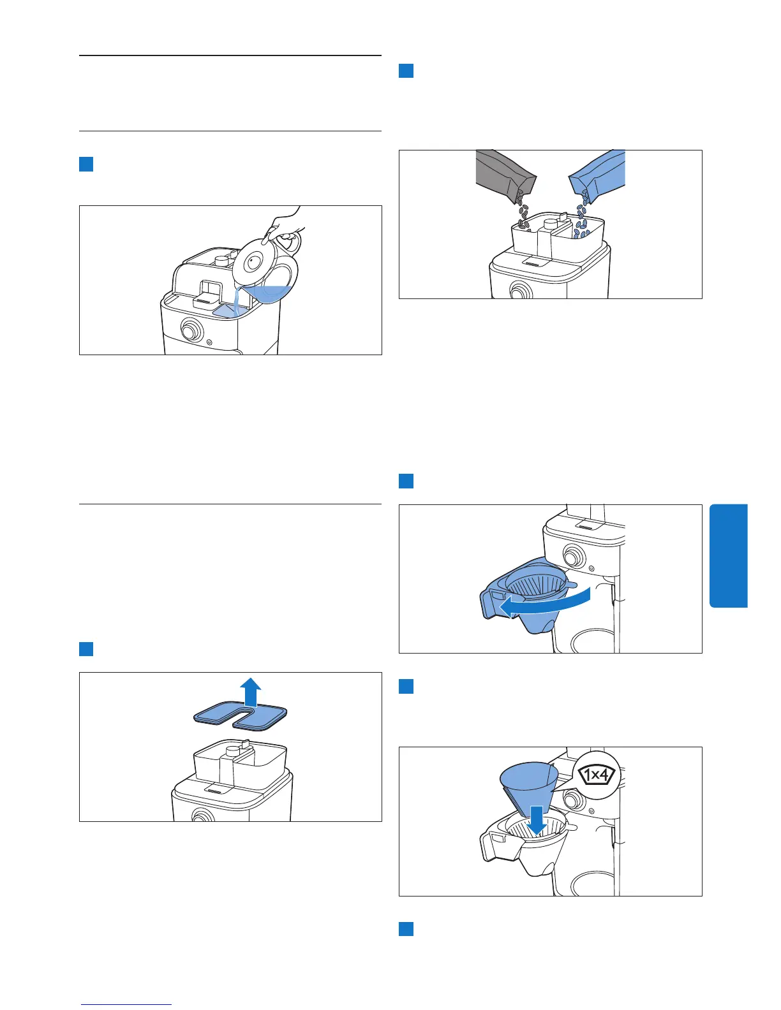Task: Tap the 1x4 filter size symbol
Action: tap(596, 775)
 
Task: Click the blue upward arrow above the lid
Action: tap(250, 692)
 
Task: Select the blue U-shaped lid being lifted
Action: tap(240, 716)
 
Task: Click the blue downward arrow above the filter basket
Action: tap(538, 821)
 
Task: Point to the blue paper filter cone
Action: tap(530, 785)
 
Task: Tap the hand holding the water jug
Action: tap(285, 224)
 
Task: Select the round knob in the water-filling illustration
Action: tap(191, 330)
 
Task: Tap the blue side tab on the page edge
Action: tap(729, 555)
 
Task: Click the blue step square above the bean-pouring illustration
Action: tap(406, 71)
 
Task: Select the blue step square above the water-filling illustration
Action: tap(86, 164)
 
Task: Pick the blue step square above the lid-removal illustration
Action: tap(86, 649)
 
